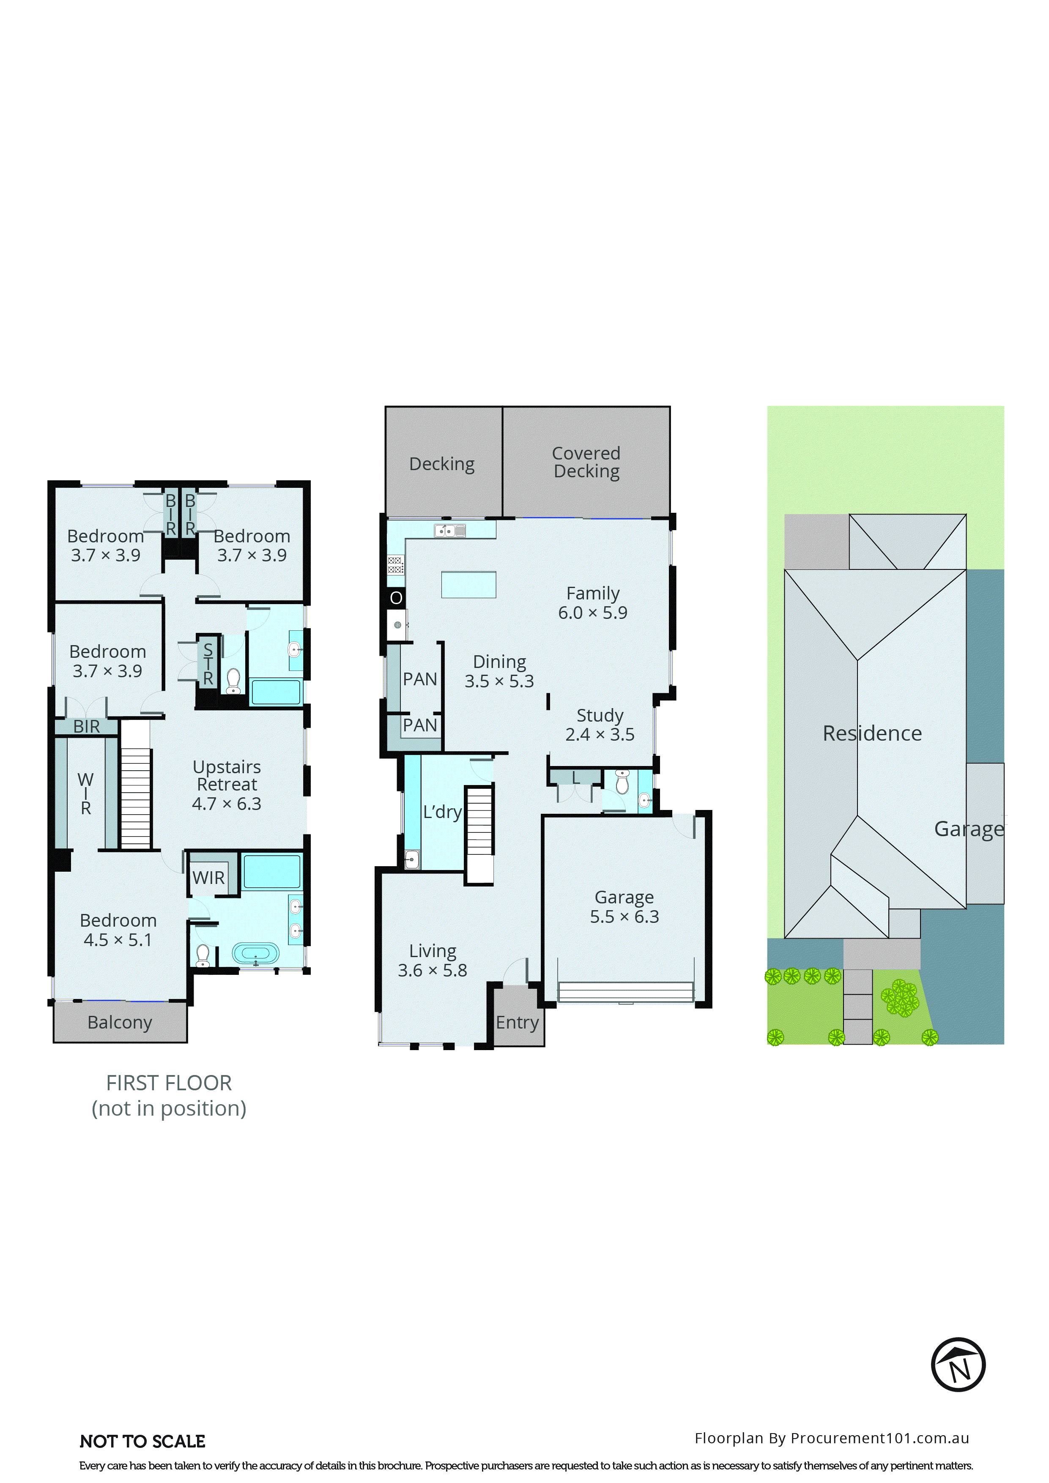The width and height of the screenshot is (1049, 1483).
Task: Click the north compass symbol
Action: (x=958, y=1364)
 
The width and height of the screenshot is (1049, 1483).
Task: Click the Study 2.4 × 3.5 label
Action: (x=600, y=724)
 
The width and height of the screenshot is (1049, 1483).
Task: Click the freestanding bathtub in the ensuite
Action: (x=256, y=953)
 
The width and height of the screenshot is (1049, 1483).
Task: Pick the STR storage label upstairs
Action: (x=208, y=664)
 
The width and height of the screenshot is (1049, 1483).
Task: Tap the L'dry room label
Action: (x=442, y=812)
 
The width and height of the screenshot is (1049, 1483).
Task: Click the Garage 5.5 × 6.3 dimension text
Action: (x=624, y=916)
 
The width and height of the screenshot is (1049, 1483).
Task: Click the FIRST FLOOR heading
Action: (x=169, y=1083)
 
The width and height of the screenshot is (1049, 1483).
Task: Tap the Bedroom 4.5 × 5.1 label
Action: (x=118, y=930)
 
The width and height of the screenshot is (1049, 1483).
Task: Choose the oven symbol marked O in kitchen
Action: (x=396, y=597)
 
